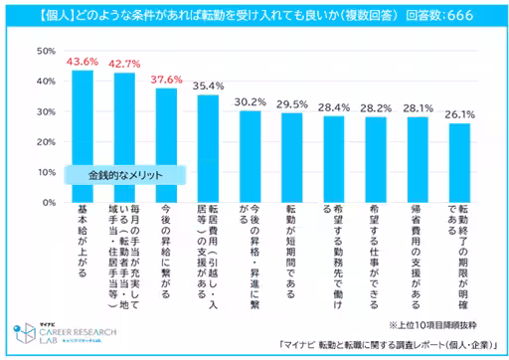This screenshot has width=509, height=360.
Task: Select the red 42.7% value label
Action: click(x=123, y=64)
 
